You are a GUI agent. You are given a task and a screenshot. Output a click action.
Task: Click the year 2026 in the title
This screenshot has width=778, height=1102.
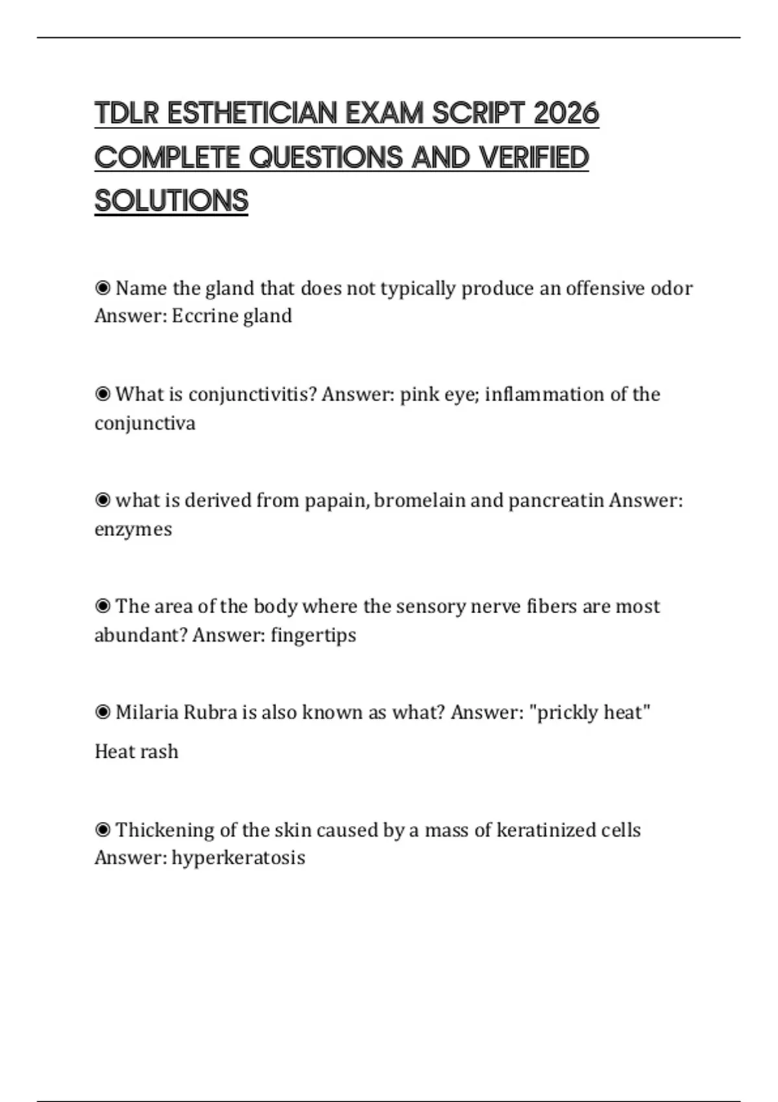[566, 113]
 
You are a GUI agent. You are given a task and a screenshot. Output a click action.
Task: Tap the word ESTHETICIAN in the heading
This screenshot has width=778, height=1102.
[252, 113]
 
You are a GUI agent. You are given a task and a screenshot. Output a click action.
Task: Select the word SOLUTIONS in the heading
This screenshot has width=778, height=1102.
[171, 200]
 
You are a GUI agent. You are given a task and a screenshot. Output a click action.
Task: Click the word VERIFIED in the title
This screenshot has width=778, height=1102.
[534, 158]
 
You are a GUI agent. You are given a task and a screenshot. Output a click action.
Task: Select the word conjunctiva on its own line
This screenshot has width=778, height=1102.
[145, 423]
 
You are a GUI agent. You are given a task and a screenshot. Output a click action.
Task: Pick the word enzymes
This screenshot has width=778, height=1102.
[133, 530]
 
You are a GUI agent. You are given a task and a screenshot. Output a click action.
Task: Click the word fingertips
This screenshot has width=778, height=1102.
[313, 635]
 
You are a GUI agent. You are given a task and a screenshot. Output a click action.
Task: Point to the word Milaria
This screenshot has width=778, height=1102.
[148, 712]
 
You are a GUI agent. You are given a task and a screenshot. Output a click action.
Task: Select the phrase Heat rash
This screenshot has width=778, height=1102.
[136, 751]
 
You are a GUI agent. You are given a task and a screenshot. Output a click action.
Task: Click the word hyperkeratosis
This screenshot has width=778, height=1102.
[238, 858]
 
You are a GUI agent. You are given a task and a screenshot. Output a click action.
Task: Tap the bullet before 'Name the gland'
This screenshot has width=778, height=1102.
[102, 287]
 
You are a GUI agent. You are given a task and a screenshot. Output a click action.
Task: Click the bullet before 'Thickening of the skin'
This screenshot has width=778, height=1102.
[102, 829]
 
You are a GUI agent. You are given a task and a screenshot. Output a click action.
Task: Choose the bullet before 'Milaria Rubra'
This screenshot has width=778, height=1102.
[102, 712]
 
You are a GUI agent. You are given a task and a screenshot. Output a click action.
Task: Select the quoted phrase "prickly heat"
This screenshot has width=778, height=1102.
[589, 712]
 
